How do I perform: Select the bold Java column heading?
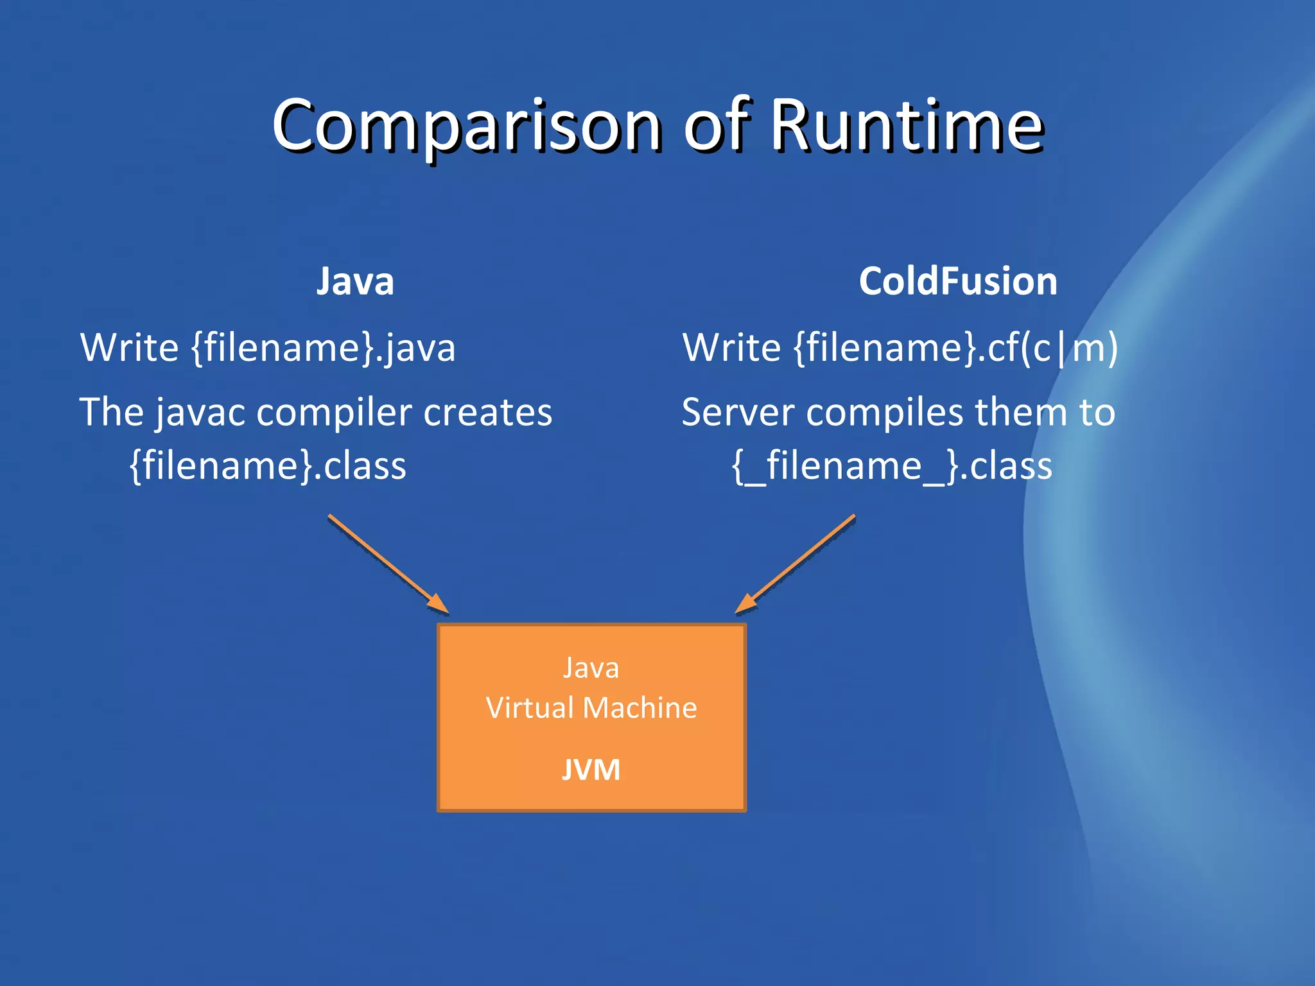pos(355,281)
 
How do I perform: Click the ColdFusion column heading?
pos(958,281)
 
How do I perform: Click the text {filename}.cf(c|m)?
pos(956,348)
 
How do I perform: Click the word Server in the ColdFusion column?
pos(738,412)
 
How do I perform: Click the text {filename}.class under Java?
pos(268,465)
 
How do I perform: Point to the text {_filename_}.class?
pos(892,465)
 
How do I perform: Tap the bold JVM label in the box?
pos(591,770)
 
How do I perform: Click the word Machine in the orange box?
pos(640,708)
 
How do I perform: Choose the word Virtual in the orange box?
pos(530,708)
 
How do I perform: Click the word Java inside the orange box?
pos(591,668)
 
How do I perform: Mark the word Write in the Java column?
pos(129,348)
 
